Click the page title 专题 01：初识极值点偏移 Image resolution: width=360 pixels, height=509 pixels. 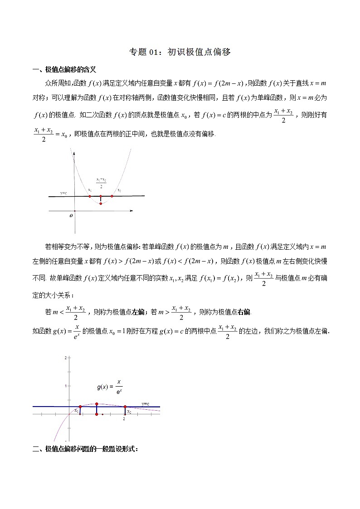(x=180, y=52)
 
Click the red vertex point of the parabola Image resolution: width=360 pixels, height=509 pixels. (x=100, y=204)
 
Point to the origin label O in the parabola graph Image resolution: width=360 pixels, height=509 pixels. (x=71, y=216)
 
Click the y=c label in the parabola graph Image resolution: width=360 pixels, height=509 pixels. (x=63, y=193)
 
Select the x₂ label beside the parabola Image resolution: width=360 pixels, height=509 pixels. (x=119, y=190)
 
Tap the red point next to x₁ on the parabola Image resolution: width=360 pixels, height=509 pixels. (x=90, y=196)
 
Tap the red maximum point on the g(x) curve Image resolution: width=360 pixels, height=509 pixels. (x=97, y=403)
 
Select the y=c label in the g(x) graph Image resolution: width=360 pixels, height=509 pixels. (x=146, y=403)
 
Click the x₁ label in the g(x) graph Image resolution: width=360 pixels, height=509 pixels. (x=77, y=412)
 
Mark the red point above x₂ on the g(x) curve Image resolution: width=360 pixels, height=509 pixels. (x=125, y=407)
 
